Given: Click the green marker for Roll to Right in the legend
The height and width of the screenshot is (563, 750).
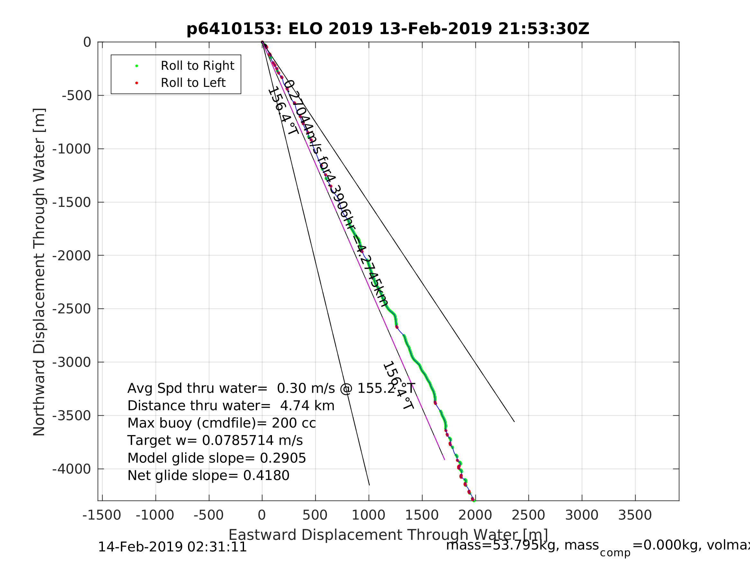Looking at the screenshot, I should click(x=137, y=66).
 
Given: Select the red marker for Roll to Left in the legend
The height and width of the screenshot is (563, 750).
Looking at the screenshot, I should click(x=137, y=83).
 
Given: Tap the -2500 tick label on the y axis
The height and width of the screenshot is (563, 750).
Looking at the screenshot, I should click(x=72, y=309).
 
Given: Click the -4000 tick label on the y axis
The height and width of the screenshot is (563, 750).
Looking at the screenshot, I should click(x=72, y=469).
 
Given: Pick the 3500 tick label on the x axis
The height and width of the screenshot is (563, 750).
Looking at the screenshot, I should click(x=635, y=515).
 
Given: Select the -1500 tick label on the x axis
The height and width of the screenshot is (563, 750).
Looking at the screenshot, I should click(x=101, y=515).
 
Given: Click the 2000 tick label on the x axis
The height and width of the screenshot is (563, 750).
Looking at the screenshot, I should click(x=475, y=515).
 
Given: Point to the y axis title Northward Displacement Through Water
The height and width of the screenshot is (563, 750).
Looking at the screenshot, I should click(x=39, y=272).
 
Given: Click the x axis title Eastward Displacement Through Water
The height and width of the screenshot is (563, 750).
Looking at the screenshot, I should click(x=388, y=535).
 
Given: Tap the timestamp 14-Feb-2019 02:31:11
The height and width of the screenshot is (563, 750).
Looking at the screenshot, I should click(x=172, y=547).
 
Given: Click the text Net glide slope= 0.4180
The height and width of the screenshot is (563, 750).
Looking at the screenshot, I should click(x=208, y=476).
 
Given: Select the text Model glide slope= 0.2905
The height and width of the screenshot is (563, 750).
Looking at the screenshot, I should click(x=217, y=458).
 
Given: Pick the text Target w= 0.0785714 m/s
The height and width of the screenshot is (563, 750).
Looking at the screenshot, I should click(x=215, y=440).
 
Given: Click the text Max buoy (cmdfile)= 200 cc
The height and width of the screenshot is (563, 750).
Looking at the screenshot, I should click(x=221, y=423).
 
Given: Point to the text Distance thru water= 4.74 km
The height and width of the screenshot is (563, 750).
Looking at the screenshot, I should click(x=231, y=406).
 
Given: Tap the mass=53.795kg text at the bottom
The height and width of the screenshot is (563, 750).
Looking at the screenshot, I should click(x=522, y=545).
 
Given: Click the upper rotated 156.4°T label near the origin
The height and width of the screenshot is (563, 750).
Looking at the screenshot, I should click(x=283, y=112).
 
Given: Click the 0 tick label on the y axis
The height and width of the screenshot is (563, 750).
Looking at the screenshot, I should click(x=87, y=42).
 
